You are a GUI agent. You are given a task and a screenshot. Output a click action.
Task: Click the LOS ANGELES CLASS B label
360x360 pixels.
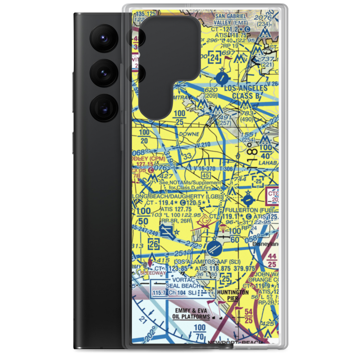[x=246, y=92]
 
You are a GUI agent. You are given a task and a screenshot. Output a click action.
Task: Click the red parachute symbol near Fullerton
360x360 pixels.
[x=223, y=229]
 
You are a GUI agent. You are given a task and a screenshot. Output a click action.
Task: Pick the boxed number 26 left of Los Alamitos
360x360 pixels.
[x=154, y=243]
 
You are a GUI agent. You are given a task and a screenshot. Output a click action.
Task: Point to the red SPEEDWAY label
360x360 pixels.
[x=153, y=273]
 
